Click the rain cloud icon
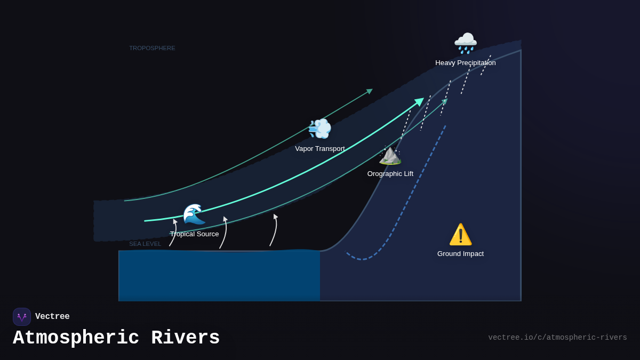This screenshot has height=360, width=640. pos(465,43)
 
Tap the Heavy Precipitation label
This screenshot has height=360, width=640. pos(465,63)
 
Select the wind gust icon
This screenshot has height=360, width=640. pos(319,129)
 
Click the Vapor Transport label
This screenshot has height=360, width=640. pos(319,149)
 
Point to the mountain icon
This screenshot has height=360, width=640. pos(390,155)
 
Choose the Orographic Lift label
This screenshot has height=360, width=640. pos(390,174)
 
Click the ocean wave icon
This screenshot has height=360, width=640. pos(194,214)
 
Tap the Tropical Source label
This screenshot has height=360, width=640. pos(194,234)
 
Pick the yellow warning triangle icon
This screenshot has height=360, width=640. pos(460,234)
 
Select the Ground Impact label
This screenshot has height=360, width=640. pos(460,254)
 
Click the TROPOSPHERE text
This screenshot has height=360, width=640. pos(152,48)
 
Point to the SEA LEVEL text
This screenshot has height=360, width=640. pos(145,244)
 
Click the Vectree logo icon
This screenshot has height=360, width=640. pos(22,317)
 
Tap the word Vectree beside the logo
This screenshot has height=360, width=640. pos(52,317)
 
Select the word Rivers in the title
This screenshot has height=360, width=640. pos(185,338)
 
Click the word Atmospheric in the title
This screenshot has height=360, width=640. pos(76,338)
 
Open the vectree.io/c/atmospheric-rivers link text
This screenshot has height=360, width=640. pos(557,338)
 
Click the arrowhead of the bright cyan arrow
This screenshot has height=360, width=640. pos(420,101)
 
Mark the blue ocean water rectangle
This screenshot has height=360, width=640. pos(219,275)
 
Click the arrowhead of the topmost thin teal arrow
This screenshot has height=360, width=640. pos(370,91)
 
